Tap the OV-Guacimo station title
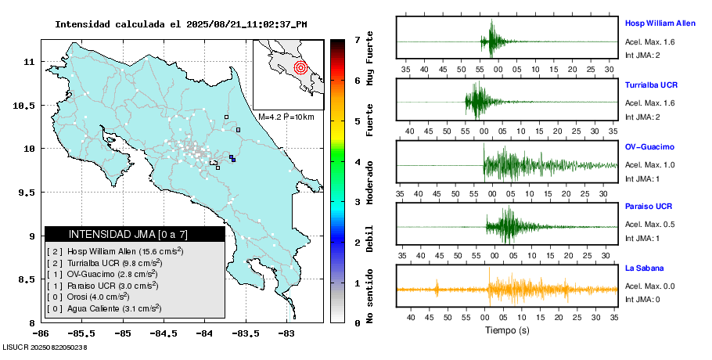649,146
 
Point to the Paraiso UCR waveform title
649,207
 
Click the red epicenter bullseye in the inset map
300,67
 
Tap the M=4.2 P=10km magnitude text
286,117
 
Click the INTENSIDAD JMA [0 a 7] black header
135,234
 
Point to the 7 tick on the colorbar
357,39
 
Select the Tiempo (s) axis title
508,330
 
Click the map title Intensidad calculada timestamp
181,24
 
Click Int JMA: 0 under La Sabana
642,298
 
